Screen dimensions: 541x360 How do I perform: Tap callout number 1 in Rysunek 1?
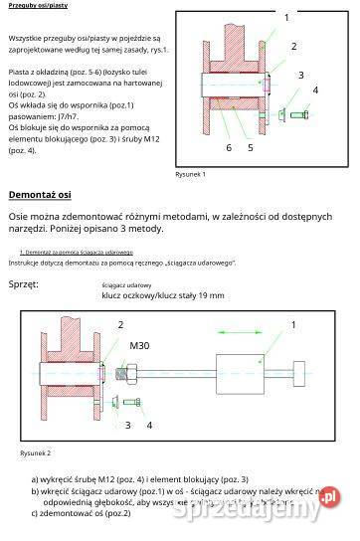click(286, 17)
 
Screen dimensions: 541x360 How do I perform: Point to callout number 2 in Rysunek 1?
click(293, 46)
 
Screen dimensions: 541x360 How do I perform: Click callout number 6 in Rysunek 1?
click(228, 147)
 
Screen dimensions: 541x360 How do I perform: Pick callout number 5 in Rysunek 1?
click(250, 147)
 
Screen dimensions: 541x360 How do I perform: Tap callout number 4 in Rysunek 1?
click(316, 90)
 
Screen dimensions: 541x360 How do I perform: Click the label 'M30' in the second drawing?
click(140, 345)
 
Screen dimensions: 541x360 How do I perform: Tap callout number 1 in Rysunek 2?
click(293, 324)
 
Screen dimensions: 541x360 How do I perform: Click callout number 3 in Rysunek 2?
click(126, 425)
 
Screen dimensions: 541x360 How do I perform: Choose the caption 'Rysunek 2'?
click(35, 452)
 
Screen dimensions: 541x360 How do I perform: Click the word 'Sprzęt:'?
click(24, 284)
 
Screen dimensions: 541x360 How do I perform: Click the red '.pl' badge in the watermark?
click(329, 498)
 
